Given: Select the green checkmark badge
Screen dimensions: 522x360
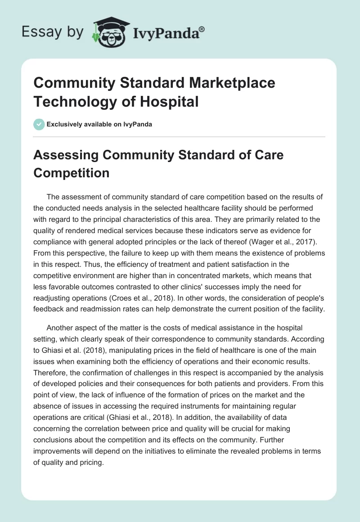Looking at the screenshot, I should tap(39, 124).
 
